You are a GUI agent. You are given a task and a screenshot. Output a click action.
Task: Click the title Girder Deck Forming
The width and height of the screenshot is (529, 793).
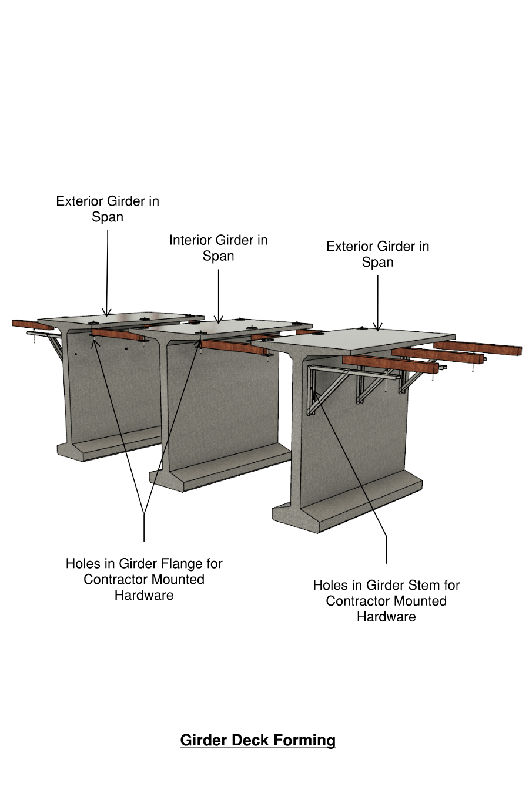pyautogui.click(x=257, y=740)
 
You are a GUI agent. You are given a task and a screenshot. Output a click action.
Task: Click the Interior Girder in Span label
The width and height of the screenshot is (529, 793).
pyautogui.click(x=218, y=248)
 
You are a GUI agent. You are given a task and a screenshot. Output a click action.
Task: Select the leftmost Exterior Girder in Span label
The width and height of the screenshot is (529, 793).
pyautogui.click(x=108, y=209)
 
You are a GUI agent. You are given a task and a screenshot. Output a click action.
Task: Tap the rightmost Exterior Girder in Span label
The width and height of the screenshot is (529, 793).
pyautogui.click(x=377, y=254)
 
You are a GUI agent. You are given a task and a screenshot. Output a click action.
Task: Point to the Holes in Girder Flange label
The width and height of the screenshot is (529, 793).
pyautogui.click(x=144, y=579)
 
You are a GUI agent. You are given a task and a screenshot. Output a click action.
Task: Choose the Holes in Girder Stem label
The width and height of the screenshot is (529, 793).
pyautogui.click(x=386, y=601)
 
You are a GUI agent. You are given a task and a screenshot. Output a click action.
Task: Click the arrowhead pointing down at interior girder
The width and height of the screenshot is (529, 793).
pyautogui.click(x=219, y=320)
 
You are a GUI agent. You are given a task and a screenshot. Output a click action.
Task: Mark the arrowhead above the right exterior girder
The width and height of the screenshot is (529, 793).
pyautogui.click(x=378, y=327)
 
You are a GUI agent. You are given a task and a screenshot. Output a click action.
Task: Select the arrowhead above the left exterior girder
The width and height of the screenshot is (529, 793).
pyautogui.click(x=107, y=313)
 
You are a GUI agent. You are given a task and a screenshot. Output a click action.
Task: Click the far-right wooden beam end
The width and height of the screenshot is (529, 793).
pyautogui.click(x=517, y=350)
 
